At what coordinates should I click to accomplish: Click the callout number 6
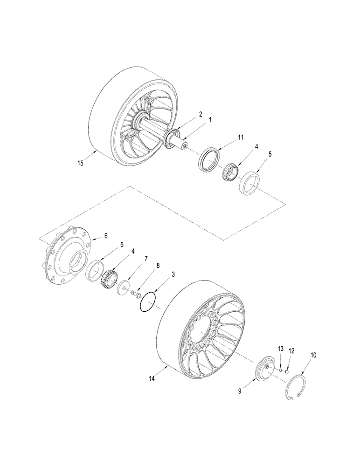(x=105, y=236)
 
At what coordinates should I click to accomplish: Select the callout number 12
(x=291, y=351)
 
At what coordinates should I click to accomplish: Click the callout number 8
(x=158, y=266)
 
